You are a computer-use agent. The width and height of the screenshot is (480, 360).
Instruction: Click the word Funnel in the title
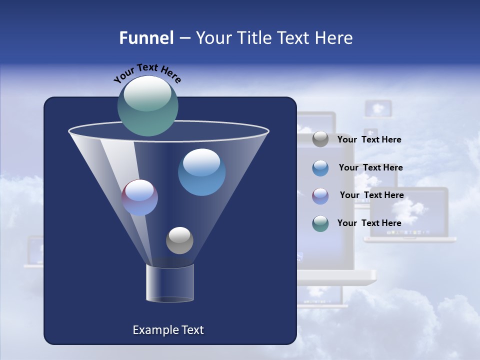click(146, 38)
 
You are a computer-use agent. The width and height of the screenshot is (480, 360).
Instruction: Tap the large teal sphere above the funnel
click(147, 105)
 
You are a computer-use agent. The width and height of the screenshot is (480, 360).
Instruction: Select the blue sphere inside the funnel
click(201, 171)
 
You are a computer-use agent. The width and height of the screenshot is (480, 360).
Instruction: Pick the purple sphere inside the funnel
click(139, 197)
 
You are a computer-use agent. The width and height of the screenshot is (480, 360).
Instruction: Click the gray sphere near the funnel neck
click(179, 240)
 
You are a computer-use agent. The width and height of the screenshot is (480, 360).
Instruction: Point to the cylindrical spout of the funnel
click(169, 283)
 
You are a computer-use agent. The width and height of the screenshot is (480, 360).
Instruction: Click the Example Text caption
click(168, 330)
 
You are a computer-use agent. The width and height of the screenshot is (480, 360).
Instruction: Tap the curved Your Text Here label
click(147, 73)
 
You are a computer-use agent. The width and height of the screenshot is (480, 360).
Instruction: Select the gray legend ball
click(320, 139)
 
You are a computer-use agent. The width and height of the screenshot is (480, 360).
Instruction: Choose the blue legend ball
click(320, 167)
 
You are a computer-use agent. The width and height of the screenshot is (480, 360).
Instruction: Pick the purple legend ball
click(320, 195)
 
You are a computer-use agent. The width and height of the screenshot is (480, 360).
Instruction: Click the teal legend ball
click(320, 223)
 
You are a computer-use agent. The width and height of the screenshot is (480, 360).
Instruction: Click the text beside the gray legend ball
click(369, 139)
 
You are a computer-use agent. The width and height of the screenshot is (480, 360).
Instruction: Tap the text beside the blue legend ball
click(370, 167)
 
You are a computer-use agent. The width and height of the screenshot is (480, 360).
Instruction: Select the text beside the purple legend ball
click(371, 195)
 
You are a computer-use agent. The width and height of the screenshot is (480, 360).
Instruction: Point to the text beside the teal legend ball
click(369, 223)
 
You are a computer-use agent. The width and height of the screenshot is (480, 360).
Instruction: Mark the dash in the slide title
click(184, 38)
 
